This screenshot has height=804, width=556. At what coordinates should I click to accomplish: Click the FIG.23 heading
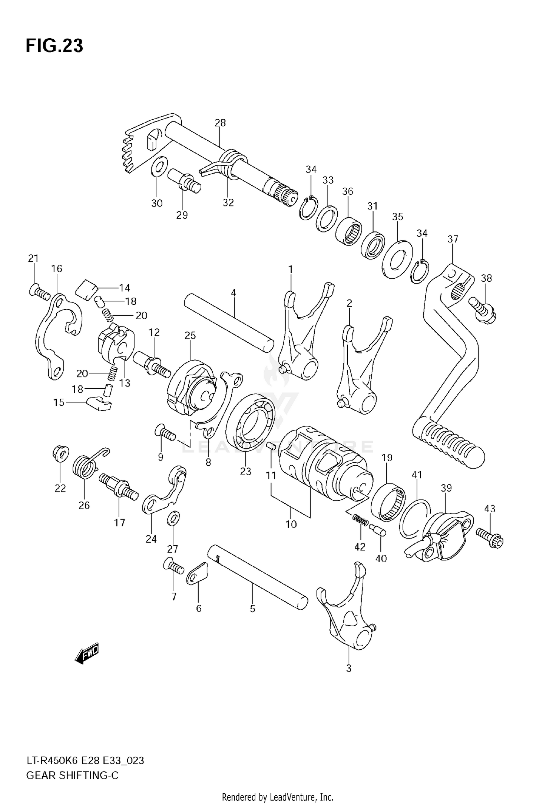click(54, 46)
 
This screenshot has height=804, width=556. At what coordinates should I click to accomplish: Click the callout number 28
click(220, 123)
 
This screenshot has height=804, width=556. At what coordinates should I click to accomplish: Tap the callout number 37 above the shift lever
click(453, 239)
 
